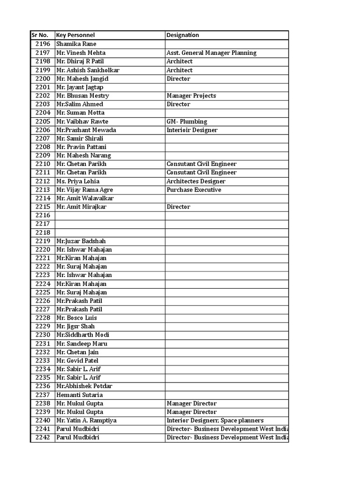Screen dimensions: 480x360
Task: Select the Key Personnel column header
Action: coord(75,35)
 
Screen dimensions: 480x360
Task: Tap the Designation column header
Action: coord(183,35)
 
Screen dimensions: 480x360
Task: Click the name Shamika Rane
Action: coord(76,44)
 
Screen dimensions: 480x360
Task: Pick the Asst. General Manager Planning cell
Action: coord(211,53)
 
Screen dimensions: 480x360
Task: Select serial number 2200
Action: coord(42,79)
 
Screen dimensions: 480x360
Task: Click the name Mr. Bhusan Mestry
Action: coord(82,96)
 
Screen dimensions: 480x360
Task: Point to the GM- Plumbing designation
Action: coord(187,121)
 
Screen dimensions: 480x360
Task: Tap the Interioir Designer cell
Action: coord(192,130)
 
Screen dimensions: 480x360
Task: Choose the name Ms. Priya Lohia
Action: coord(78,181)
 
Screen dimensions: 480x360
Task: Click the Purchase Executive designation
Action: coord(194,190)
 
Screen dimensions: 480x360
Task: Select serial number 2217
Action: coord(42,224)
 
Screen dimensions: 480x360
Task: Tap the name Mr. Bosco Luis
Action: coord(76,318)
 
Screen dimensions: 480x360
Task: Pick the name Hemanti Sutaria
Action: coord(79,395)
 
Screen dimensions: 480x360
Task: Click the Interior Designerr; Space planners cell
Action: coord(215,420)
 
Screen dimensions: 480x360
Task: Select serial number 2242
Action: coord(42,437)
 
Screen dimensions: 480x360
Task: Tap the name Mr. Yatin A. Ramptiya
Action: coord(86,420)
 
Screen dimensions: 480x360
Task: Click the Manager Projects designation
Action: coord(191,96)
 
